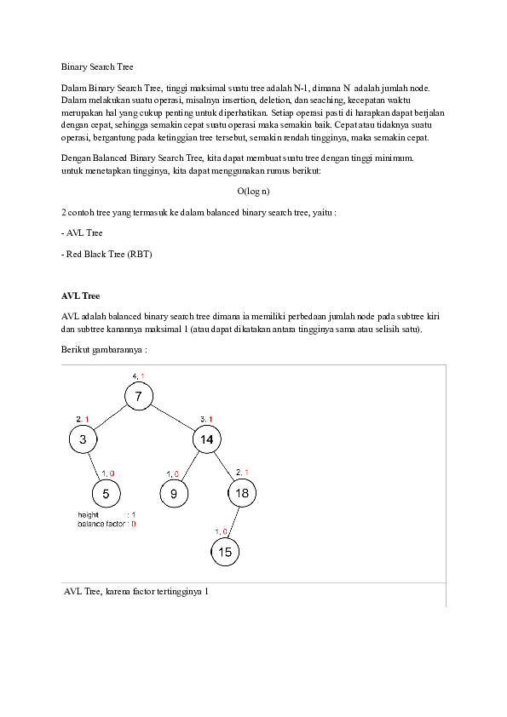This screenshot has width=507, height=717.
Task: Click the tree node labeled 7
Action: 139,396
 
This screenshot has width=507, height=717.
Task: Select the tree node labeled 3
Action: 83,439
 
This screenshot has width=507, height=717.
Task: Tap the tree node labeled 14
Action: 207,439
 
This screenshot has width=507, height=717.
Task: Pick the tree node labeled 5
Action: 106,493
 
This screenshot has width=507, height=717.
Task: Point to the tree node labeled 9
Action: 174,493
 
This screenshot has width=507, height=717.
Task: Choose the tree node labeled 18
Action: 242,493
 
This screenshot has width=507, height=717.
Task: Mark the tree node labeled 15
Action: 225,552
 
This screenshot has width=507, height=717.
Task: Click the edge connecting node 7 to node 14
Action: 173,418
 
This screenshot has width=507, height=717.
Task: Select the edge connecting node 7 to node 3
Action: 111,417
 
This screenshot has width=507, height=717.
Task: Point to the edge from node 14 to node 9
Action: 191,466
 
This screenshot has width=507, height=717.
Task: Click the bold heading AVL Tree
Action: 80,295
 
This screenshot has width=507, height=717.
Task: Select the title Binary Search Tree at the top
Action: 98,66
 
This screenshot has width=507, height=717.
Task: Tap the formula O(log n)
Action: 253,192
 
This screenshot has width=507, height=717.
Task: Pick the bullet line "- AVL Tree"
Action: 82,232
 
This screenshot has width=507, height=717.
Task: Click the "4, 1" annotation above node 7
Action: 138,376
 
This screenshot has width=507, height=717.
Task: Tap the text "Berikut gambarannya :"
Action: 104,349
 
